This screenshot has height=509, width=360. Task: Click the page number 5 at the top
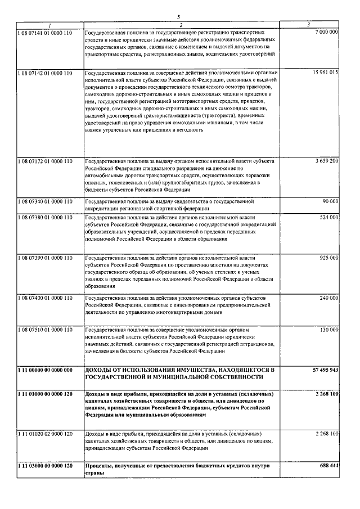point(178,17)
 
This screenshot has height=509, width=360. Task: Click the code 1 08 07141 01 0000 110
point(45,33)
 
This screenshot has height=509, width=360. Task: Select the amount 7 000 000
point(326,33)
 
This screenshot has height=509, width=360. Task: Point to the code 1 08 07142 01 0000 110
point(45,74)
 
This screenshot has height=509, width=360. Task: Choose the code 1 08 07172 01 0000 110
point(45,161)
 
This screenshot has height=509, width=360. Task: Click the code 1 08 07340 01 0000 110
point(45,201)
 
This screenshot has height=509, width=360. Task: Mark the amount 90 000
point(330,201)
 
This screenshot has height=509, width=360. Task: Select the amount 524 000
point(328,217)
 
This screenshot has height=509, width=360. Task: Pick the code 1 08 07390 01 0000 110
point(45,257)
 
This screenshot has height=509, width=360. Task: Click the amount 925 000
point(328,257)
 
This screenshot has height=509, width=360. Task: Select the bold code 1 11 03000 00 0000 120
point(45,466)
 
